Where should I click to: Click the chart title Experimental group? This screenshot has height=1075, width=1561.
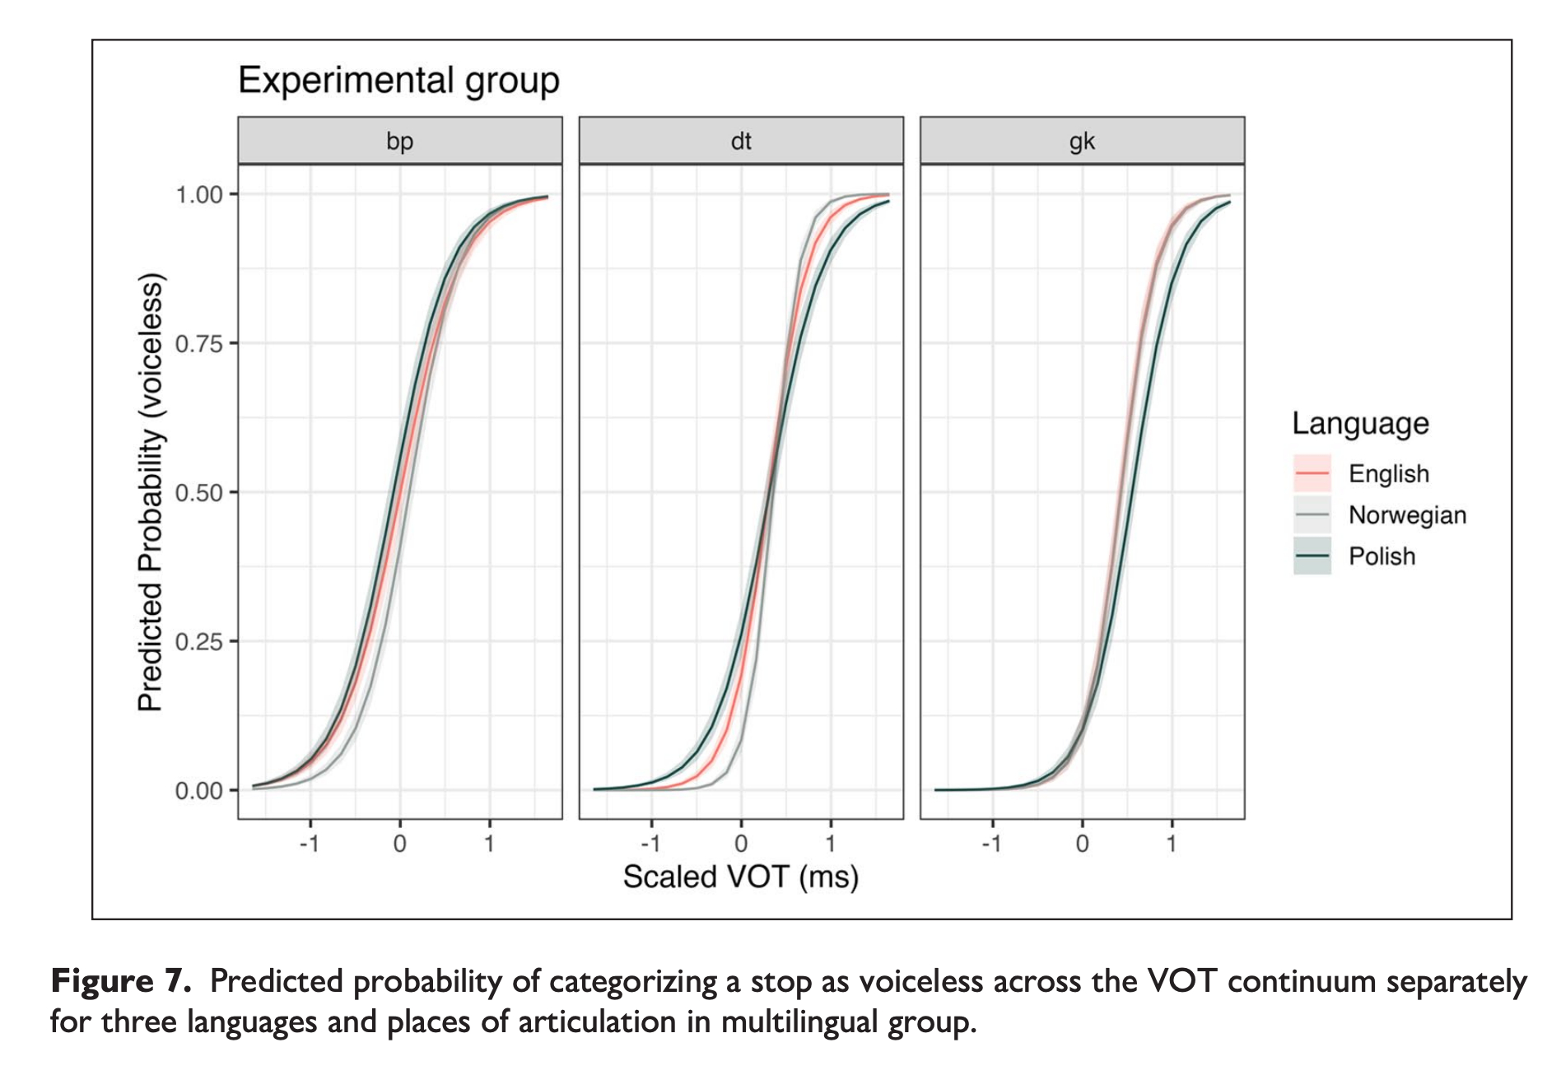398,81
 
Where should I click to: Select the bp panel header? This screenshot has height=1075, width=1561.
400,141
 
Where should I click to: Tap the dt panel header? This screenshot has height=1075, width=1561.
741,141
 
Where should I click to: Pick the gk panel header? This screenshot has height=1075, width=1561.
1082,141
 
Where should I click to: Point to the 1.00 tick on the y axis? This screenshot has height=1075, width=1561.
199,195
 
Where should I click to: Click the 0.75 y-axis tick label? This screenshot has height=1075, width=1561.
199,344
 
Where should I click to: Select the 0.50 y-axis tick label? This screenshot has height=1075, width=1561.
199,493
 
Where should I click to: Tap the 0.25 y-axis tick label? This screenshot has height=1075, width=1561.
199,642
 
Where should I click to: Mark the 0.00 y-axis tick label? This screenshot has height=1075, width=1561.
199,791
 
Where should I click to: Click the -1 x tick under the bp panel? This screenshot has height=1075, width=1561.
309,844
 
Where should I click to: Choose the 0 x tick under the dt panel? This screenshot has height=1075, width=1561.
741,844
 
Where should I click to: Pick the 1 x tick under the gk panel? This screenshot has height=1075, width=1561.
1172,844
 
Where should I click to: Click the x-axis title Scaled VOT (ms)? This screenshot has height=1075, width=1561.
741,877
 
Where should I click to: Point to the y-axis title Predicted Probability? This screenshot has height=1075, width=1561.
151,492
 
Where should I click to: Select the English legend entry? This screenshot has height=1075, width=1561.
1388,474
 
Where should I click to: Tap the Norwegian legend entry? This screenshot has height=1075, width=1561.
1407,515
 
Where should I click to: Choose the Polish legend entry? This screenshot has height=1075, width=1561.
1382,556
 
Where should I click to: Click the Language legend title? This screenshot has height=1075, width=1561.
1360,424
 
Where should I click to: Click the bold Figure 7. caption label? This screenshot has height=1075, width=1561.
121,982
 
